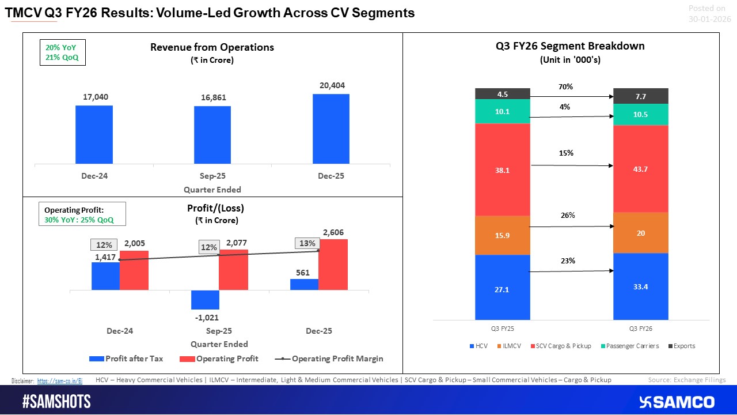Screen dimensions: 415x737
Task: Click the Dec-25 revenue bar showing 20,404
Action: pyautogui.click(x=330, y=129)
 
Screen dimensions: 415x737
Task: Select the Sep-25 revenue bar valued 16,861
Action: pyautogui.click(x=212, y=135)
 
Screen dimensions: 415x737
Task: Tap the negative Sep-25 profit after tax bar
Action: pyautogui.click(x=205, y=300)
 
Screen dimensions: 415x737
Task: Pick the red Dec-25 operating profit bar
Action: pyautogui.click(x=333, y=265)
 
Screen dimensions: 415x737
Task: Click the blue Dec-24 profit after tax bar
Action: pyautogui.click(x=105, y=276)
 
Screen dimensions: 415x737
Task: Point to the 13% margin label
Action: pyautogui.click(x=307, y=243)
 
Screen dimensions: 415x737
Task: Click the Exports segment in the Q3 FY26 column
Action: pyautogui.click(x=640, y=96)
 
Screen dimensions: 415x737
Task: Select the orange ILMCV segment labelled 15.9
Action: pyautogui.click(x=502, y=236)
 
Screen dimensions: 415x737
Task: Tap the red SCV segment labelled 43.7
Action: pyautogui.click(x=640, y=169)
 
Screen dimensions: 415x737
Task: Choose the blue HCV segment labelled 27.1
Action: pyautogui.click(x=502, y=287)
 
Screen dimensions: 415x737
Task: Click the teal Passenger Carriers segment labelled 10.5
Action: pyautogui.click(x=640, y=115)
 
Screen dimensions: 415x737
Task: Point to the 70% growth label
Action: pyautogui.click(x=565, y=87)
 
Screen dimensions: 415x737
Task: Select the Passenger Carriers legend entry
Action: pyautogui.click(x=627, y=346)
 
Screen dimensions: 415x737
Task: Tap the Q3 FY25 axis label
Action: pyautogui.click(x=502, y=328)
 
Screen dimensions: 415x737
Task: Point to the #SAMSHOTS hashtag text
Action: pyautogui.click(x=56, y=402)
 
